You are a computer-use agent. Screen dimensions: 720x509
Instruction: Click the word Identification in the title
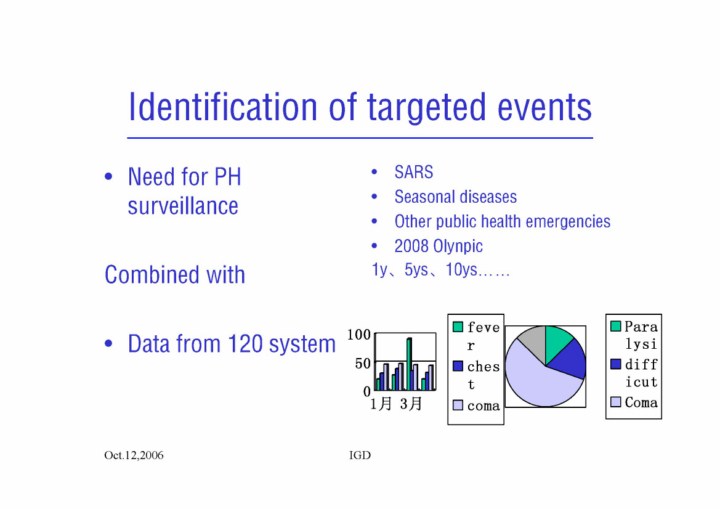(223, 107)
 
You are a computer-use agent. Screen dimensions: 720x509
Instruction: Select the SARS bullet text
(413, 172)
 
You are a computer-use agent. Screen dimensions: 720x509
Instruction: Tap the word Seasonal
(422, 197)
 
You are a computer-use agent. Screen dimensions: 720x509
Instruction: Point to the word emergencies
(568, 222)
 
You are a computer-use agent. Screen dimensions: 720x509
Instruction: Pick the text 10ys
(461, 270)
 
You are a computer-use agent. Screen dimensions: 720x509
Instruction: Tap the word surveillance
(183, 206)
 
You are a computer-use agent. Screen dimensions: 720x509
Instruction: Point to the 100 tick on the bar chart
(359, 334)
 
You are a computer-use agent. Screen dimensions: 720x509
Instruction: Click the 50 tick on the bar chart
(363, 363)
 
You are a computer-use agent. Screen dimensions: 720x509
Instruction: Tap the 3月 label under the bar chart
(411, 404)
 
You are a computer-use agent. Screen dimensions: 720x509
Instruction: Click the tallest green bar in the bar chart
(408, 364)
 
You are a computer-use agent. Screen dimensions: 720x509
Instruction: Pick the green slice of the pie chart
(557, 340)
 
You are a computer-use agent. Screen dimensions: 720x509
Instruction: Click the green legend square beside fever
(458, 327)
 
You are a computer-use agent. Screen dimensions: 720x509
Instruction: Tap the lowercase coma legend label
(484, 406)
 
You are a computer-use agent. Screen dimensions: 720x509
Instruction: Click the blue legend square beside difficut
(616, 364)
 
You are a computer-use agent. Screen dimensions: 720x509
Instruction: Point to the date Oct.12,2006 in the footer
(134, 455)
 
